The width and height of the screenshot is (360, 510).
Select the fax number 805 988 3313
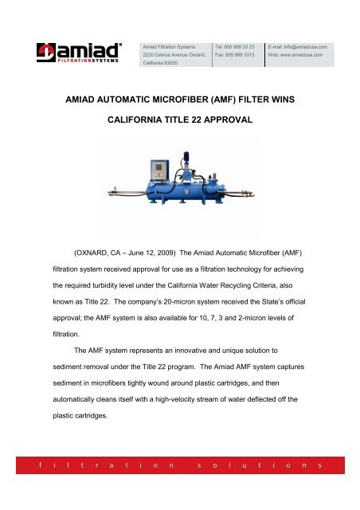tap(237, 56)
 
